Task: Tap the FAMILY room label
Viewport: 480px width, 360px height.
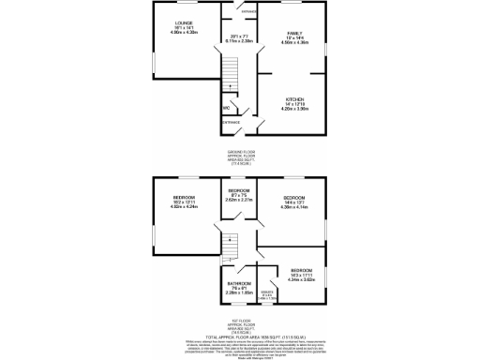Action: click(294, 33)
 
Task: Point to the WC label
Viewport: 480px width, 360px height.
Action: click(226, 109)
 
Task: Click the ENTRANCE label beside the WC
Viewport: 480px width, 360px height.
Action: click(231, 122)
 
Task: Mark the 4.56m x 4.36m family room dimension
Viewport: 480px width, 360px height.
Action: click(294, 44)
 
